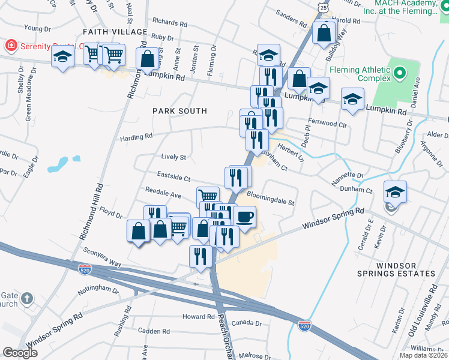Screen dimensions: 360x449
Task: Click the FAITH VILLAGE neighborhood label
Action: [115, 31]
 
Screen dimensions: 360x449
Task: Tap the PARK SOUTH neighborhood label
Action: [179, 111]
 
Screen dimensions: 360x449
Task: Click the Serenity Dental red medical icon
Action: [10, 46]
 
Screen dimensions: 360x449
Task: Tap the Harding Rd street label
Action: [136, 137]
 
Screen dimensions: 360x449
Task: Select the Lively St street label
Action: [173, 157]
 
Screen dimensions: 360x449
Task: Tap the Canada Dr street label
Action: [247, 323]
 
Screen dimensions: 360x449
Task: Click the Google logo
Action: [20, 353]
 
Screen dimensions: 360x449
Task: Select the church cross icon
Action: [27, 298]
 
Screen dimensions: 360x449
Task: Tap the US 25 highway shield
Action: [324, 8]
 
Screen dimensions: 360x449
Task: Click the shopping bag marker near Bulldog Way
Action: [324, 33]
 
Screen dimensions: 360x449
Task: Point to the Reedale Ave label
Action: [163, 195]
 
